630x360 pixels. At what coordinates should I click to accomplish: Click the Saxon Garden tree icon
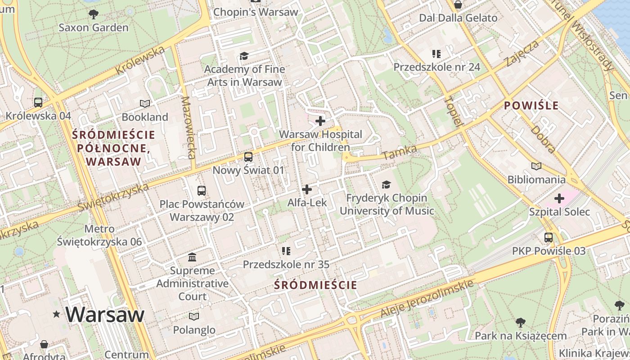click(94, 14)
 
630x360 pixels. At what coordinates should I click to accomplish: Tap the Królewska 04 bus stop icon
click(38, 103)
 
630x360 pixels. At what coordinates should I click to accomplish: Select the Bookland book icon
click(144, 104)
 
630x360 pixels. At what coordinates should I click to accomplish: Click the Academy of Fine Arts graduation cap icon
click(244, 56)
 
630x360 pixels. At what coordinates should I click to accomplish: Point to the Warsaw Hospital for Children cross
click(320, 121)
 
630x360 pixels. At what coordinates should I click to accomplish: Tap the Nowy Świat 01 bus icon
click(248, 157)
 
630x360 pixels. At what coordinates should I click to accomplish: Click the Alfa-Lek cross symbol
click(307, 189)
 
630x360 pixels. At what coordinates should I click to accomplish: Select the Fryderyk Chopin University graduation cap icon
click(386, 184)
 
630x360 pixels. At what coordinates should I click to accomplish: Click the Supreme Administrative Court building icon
click(192, 257)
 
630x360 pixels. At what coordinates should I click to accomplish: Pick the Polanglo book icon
click(194, 316)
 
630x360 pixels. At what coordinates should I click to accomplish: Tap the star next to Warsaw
click(56, 314)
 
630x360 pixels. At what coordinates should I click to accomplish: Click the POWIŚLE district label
click(531, 106)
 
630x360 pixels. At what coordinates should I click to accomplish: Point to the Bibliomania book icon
click(536, 166)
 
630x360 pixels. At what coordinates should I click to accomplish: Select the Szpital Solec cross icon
click(559, 198)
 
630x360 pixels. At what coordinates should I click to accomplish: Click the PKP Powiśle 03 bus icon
click(549, 238)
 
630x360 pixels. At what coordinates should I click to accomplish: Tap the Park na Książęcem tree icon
click(521, 322)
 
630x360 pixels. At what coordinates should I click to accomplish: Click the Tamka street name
click(399, 152)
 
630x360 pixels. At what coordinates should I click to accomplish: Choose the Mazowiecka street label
click(188, 128)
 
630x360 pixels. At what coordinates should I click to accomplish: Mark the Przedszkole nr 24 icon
click(436, 54)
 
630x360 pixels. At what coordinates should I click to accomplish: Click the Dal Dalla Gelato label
click(458, 18)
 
